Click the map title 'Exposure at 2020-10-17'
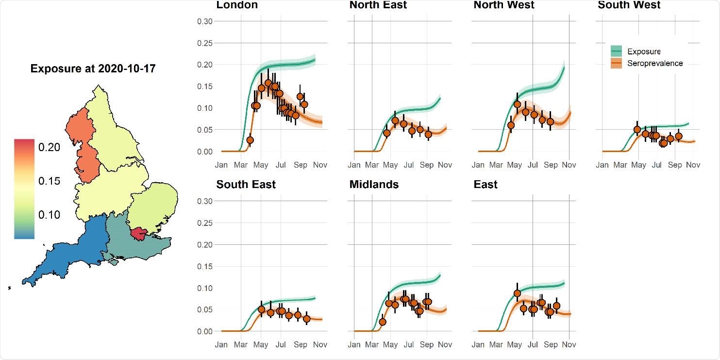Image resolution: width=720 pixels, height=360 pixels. (x=93, y=69)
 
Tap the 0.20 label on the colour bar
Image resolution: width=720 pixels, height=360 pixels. (x=49, y=147)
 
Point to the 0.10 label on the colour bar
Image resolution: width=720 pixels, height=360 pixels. (x=49, y=215)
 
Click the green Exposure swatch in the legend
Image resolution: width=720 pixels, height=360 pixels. (x=617, y=51)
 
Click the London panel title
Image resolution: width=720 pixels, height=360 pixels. (x=237, y=5)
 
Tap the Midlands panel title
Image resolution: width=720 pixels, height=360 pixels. (x=374, y=185)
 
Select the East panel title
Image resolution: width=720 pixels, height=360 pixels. (x=486, y=185)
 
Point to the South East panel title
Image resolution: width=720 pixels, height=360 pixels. (x=246, y=185)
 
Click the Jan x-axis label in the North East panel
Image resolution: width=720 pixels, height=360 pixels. (x=354, y=165)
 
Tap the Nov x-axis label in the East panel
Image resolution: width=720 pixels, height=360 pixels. (x=569, y=345)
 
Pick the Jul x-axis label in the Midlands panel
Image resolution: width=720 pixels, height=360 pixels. (x=409, y=345)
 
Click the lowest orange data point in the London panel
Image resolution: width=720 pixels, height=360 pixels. (x=250, y=140)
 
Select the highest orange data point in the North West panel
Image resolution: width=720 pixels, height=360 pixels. (x=517, y=104)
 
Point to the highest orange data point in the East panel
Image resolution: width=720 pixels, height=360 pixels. (x=517, y=293)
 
